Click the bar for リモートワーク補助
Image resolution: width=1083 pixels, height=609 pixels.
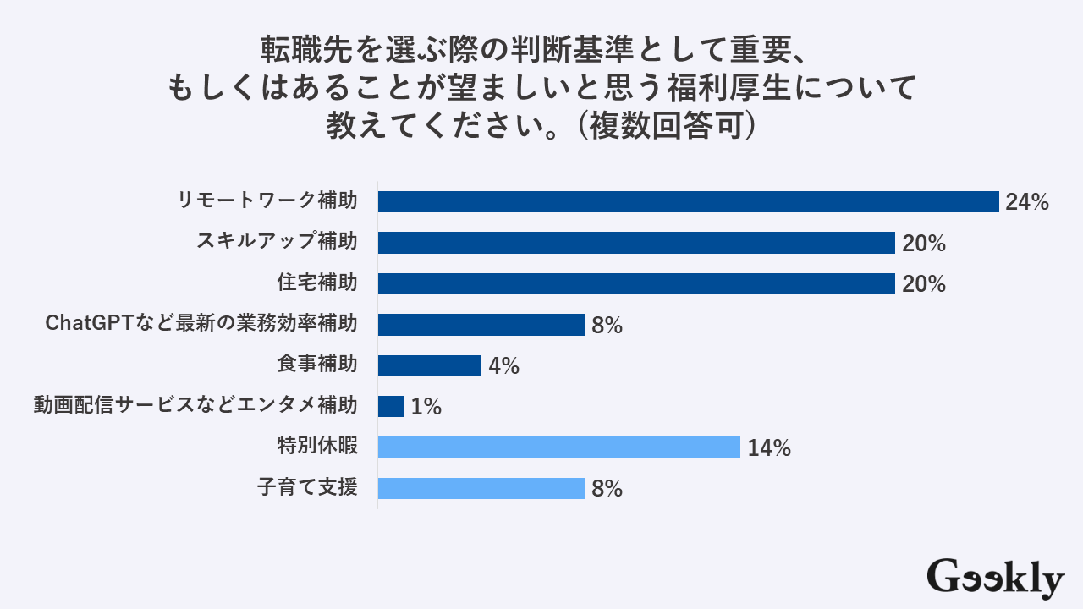(688, 201)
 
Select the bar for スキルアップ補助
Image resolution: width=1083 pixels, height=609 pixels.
(636, 243)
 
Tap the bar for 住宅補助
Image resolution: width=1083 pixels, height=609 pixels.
(636, 283)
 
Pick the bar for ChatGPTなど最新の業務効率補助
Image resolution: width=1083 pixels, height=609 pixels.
(481, 325)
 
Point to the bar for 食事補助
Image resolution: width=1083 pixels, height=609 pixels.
(429, 365)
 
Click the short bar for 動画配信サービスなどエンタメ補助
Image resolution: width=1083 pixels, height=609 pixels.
(391, 406)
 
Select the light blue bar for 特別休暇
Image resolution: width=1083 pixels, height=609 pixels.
(558, 447)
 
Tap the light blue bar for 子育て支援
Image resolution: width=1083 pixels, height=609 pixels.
(481, 488)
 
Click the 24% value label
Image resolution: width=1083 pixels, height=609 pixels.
(1027, 202)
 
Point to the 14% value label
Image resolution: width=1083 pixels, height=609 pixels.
(768, 448)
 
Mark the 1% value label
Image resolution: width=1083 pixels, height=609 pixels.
(426, 407)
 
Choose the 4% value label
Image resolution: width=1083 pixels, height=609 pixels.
(503, 366)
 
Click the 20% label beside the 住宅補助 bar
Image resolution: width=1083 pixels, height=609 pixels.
(923, 284)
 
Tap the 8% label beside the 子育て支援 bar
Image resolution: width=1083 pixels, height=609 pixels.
(607, 489)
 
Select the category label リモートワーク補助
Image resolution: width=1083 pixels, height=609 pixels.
(267, 201)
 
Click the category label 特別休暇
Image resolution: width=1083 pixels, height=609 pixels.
(316, 447)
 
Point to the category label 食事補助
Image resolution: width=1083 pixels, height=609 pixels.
(316, 365)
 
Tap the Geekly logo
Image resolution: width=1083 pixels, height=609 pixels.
(995, 578)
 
